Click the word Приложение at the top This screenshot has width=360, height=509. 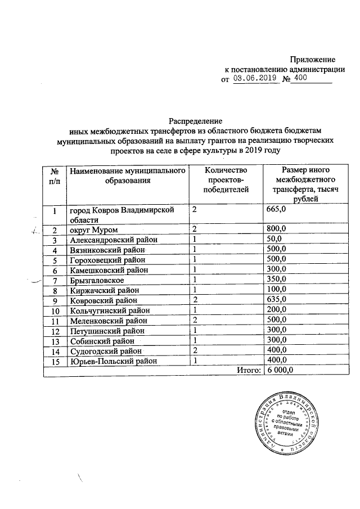point(312,59)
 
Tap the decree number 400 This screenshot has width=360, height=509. point(301,79)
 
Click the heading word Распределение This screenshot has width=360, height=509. point(196,121)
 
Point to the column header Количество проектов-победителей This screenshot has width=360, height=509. point(226,181)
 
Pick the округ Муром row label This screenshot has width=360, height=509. point(92,229)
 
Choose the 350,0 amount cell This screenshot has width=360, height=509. point(277,280)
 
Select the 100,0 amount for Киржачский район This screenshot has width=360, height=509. point(277,290)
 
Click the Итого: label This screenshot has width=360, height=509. point(248,371)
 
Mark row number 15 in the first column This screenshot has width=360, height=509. point(55,361)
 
